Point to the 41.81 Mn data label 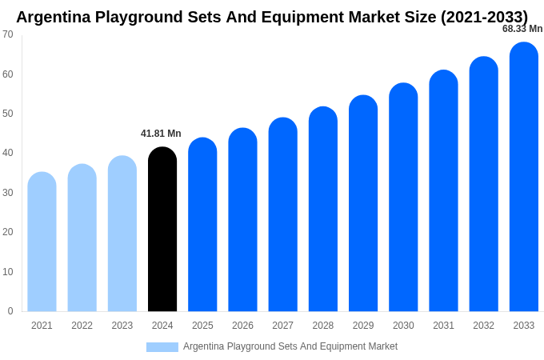click(161, 134)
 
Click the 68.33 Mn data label click(522, 29)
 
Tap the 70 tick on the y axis click(8, 34)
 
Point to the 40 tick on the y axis click(8, 153)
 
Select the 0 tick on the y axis click(10, 311)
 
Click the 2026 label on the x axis click(242, 326)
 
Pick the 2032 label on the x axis click(483, 326)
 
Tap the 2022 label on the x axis click(82, 326)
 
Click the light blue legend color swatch click(162, 347)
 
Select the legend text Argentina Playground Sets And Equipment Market click(290, 346)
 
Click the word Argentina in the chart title click(55, 17)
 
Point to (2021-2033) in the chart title click(484, 17)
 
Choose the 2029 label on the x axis click(363, 326)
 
